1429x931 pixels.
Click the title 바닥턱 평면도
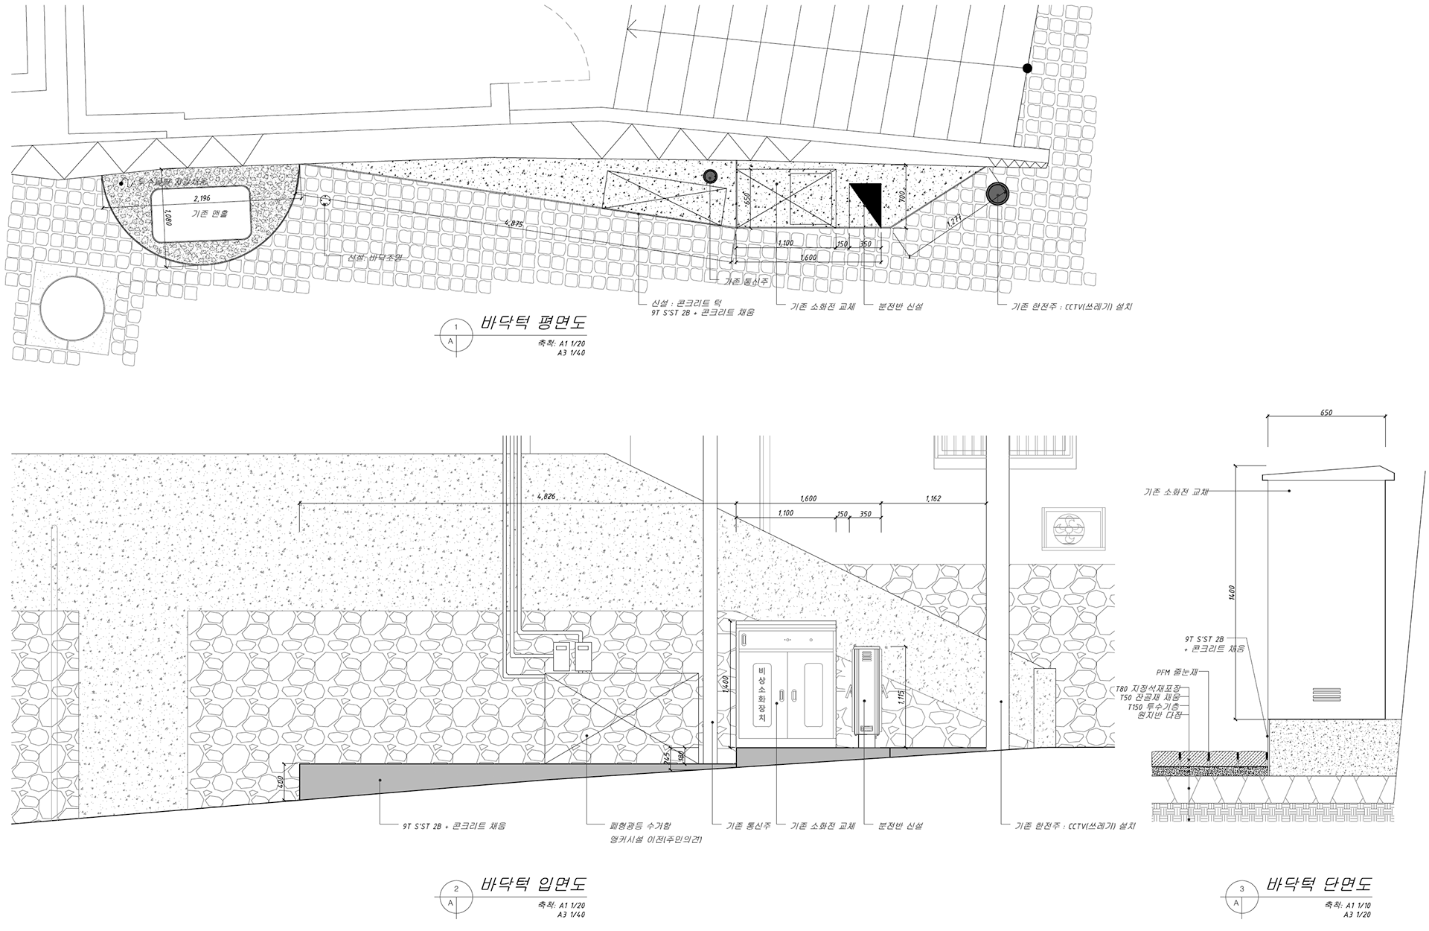pyautogui.click(x=533, y=323)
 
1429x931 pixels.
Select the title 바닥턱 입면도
pyautogui.click(x=533, y=885)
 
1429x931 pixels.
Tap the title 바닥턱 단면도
pyautogui.click(x=1318, y=885)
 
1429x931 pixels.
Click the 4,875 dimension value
pyautogui.click(x=514, y=223)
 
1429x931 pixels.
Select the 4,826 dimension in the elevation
pyautogui.click(x=546, y=496)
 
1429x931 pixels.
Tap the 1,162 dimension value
pyautogui.click(x=933, y=498)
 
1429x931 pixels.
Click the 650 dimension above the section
pyautogui.click(x=1326, y=413)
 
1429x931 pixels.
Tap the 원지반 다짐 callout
pyautogui.click(x=1160, y=714)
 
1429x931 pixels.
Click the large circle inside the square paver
pyautogui.click(x=71, y=308)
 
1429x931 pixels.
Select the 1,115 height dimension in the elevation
pyautogui.click(x=901, y=697)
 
